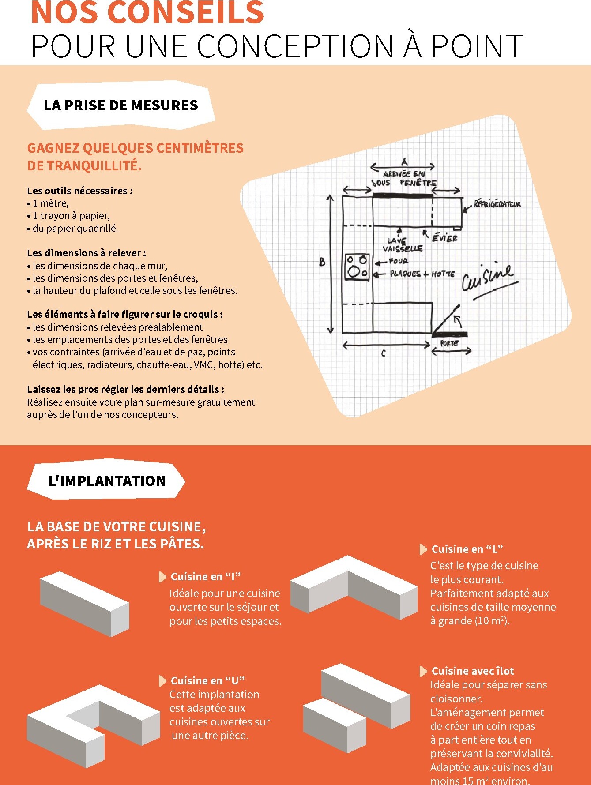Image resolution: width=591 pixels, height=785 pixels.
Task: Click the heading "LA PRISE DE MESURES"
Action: click(x=120, y=105)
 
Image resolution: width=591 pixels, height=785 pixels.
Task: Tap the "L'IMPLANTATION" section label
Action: click(x=107, y=481)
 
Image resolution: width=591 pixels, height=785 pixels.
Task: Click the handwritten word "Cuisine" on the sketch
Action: click(x=487, y=278)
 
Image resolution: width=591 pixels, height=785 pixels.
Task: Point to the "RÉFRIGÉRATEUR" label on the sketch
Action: click(x=497, y=204)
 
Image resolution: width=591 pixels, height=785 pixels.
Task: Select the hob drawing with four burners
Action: click(x=357, y=267)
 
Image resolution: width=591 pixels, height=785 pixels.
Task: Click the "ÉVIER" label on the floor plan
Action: click(x=444, y=238)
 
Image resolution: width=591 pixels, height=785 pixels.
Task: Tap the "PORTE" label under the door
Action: click(x=449, y=343)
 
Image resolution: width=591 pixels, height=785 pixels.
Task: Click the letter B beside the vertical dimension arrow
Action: click(x=322, y=262)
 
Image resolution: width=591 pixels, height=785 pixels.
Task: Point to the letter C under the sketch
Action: click(x=383, y=353)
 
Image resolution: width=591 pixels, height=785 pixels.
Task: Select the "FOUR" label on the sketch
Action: click(x=398, y=261)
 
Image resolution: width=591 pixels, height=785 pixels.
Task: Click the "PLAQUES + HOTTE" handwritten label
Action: click(x=422, y=274)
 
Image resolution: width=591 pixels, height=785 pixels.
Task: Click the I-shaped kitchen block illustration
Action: click(x=85, y=603)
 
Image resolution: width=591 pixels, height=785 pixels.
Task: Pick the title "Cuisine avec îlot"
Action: click(x=472, y=671)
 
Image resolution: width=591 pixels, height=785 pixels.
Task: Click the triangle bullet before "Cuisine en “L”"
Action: click(x=423, y=549)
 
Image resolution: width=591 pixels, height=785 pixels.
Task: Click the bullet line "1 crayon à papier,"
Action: click(x=71, y=216)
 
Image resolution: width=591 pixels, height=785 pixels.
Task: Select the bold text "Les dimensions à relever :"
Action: click(x=86, y=253)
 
